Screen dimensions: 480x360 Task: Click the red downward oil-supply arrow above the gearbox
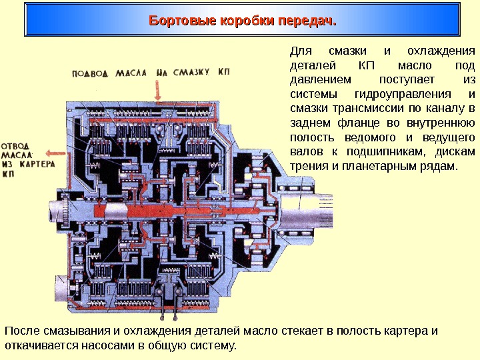point(157,87)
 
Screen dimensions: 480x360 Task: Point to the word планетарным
point(389,165)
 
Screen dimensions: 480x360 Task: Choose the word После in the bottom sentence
point(21,331)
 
